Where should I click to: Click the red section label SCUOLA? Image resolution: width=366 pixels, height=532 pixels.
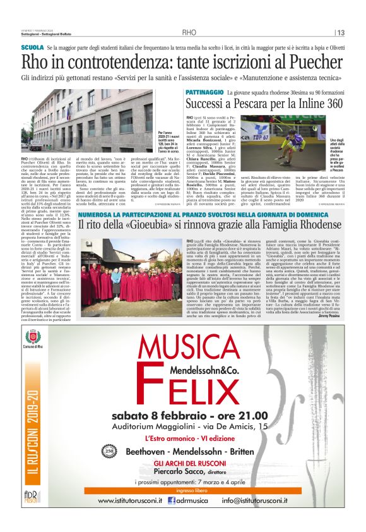click(x=32, y=48)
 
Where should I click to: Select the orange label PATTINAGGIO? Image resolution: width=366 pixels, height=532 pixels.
click(x=205, y=92)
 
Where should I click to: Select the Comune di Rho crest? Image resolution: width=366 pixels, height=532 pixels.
click(x=33, y=339)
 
